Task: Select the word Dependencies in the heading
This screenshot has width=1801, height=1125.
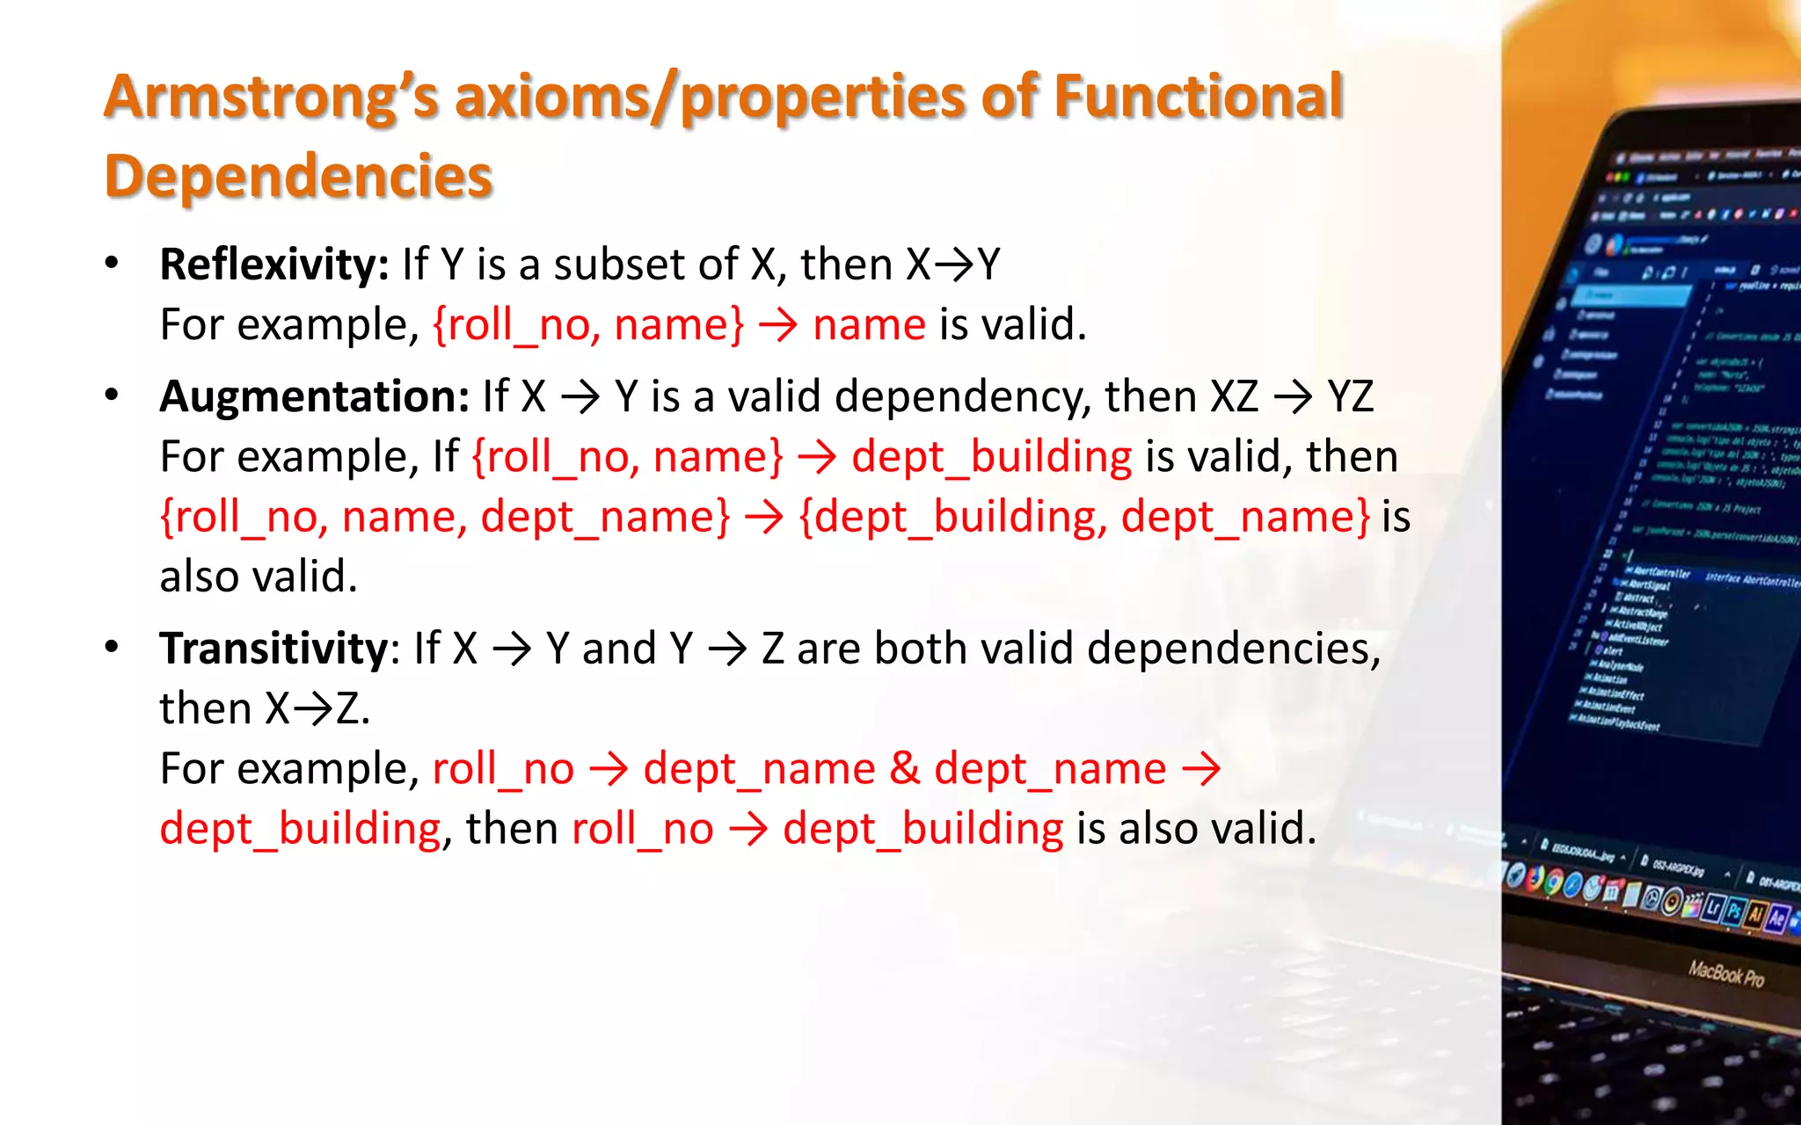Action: tap(298, 176)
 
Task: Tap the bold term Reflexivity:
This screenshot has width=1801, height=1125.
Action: tap(273, 264)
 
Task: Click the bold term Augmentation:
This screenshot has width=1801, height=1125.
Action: tap(314, 396)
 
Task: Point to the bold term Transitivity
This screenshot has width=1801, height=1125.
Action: tap(273, 649)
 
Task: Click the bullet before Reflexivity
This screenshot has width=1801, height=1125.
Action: tap(112, 264)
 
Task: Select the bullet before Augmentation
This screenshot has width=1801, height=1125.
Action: tap(112, 396)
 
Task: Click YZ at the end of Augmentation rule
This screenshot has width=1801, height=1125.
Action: tap(1350, 396)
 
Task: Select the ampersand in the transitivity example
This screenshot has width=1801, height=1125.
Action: tap(904, 769)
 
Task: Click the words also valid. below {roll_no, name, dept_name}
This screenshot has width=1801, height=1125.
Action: tap(258, 577)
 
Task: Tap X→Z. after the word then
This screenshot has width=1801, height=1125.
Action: tap(317, 708)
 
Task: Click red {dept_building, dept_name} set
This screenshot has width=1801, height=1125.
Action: tap(1083, 517)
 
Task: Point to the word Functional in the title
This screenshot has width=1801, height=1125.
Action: tap(1198, 97)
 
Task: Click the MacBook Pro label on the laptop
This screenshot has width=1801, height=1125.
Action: tap(1725, 974)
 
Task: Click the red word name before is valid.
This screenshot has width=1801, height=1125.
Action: tap(869, 325)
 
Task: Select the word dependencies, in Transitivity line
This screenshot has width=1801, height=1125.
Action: tap(1234, 649)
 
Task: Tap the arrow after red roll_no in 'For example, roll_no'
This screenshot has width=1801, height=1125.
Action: tap(609, 769)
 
